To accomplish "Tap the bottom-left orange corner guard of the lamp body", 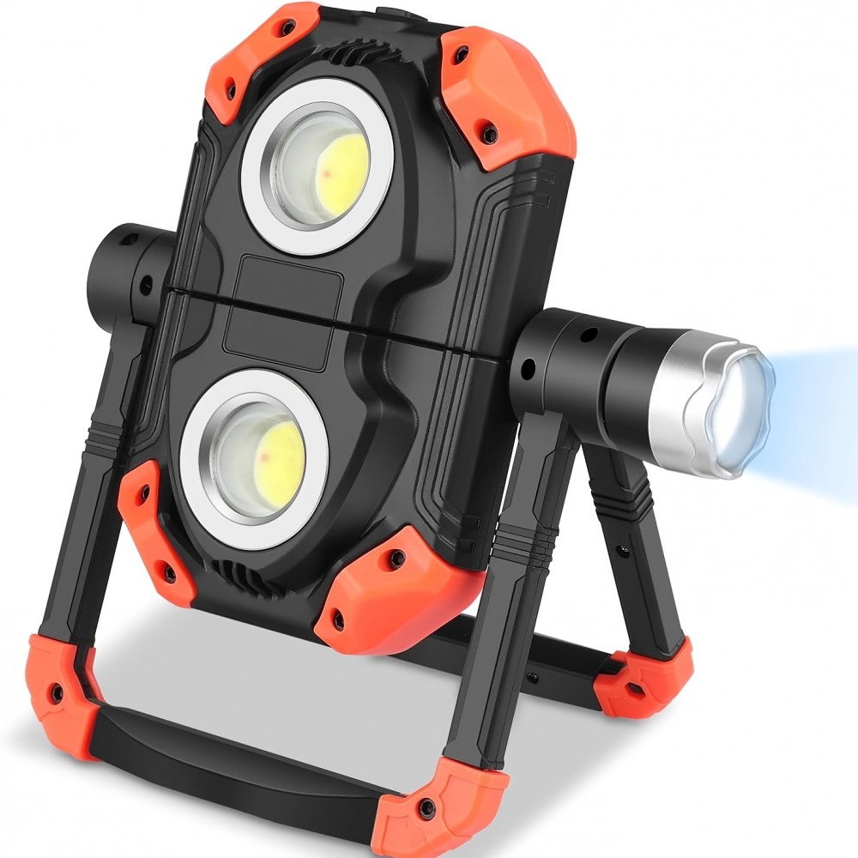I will click(146, 523).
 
